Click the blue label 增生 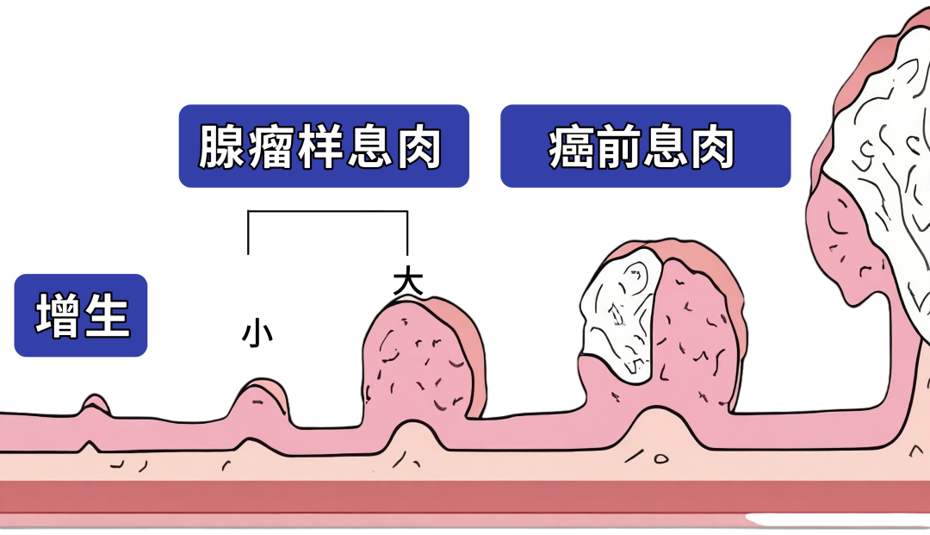tap(81, 315)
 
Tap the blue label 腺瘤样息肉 tap(324, 146)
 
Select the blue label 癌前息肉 tap(645, 146)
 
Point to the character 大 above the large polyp tap(407, 283)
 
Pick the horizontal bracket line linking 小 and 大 tap(327, 211)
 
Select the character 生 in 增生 tap(108, 315)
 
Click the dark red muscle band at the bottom tap(465, 496)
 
